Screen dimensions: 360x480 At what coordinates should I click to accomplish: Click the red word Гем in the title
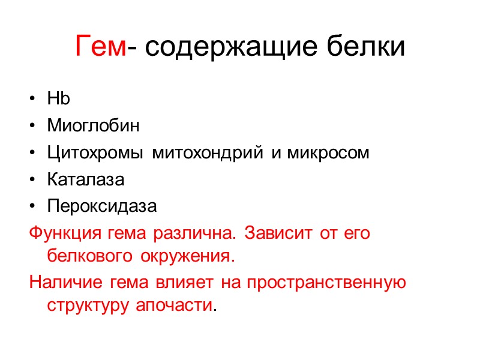[101, 47]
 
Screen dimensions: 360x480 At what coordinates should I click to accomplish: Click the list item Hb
[58, 99]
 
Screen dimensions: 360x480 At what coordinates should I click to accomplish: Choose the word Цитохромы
[95, 153]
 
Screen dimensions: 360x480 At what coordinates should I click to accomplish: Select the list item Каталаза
[86, 179]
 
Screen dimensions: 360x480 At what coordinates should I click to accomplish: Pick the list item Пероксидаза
[102, 206]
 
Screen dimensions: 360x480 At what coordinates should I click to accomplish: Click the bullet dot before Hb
[32, 100]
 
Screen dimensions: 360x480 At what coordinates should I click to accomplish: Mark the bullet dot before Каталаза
[32, 180]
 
